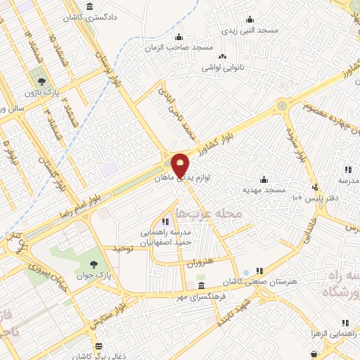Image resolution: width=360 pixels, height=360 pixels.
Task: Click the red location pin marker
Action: point(181,165)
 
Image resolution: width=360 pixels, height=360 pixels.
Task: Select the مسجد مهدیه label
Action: point(264,190)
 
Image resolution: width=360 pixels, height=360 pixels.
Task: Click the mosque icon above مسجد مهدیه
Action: point(264,179)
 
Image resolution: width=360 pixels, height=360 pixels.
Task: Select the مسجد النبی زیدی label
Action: point(251,31)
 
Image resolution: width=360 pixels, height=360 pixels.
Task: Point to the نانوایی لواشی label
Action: point(223,67)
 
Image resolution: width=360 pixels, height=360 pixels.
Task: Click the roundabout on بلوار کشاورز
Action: point(282,105)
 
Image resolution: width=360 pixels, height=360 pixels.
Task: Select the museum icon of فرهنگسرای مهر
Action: point(202,286)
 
